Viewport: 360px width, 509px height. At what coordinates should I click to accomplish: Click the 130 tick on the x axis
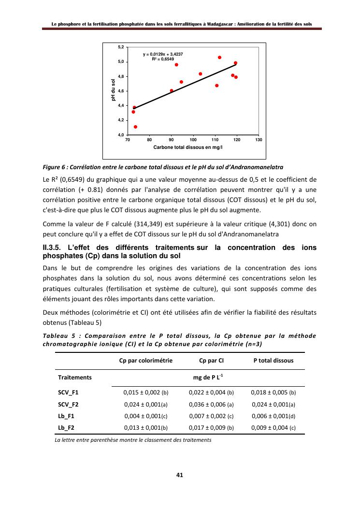pyautogui.click(x=259, y=139)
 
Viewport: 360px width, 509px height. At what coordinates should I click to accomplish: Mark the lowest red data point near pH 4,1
pyautogui.click(x=135, y=127)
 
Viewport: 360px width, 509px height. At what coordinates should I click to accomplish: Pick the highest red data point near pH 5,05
pyautogui.click(x=219, y=58)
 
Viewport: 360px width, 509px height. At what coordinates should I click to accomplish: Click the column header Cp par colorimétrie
pyautogui.click(x=145, y=360)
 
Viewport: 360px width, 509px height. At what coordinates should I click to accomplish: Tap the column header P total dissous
pyautogui.click(x=274, y=360)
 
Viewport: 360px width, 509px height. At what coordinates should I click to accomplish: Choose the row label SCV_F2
pyautogui.click(x=68, y=404)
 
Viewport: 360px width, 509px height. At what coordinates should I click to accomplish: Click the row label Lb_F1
pyautogui.click(x=66, y=415)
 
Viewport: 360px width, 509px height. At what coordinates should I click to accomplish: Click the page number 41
pyautogui.click(x=179, y=475)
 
